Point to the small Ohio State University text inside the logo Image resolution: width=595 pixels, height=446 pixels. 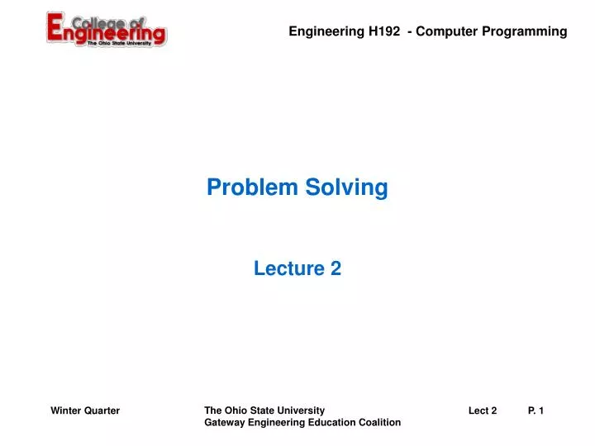point(119,44)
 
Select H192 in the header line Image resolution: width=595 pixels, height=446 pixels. point(385,31)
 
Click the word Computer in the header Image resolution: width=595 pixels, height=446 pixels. point(445,31)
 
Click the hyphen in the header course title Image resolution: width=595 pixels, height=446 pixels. point(409,31)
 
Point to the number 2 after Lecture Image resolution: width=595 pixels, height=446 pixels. point(336,268)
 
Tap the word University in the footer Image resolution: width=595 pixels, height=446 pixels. point(300,410)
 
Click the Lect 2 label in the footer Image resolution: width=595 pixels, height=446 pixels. point(483,410)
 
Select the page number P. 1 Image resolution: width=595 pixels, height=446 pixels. point(535,410)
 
